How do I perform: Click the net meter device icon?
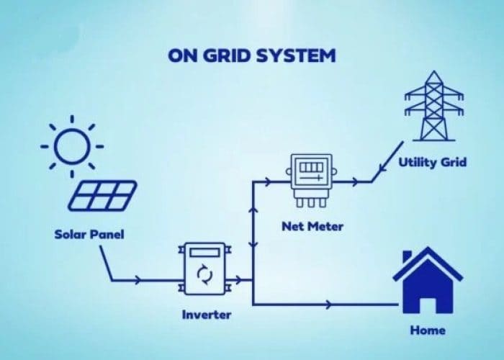coord(311,178)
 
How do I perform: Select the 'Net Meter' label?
coord(312,227)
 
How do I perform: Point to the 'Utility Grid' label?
coord(433,162)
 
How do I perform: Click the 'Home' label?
coord(427,330)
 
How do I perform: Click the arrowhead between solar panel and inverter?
coord(138,279)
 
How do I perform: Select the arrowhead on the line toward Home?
coord(329,305)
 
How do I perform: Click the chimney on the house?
coord(407,257)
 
